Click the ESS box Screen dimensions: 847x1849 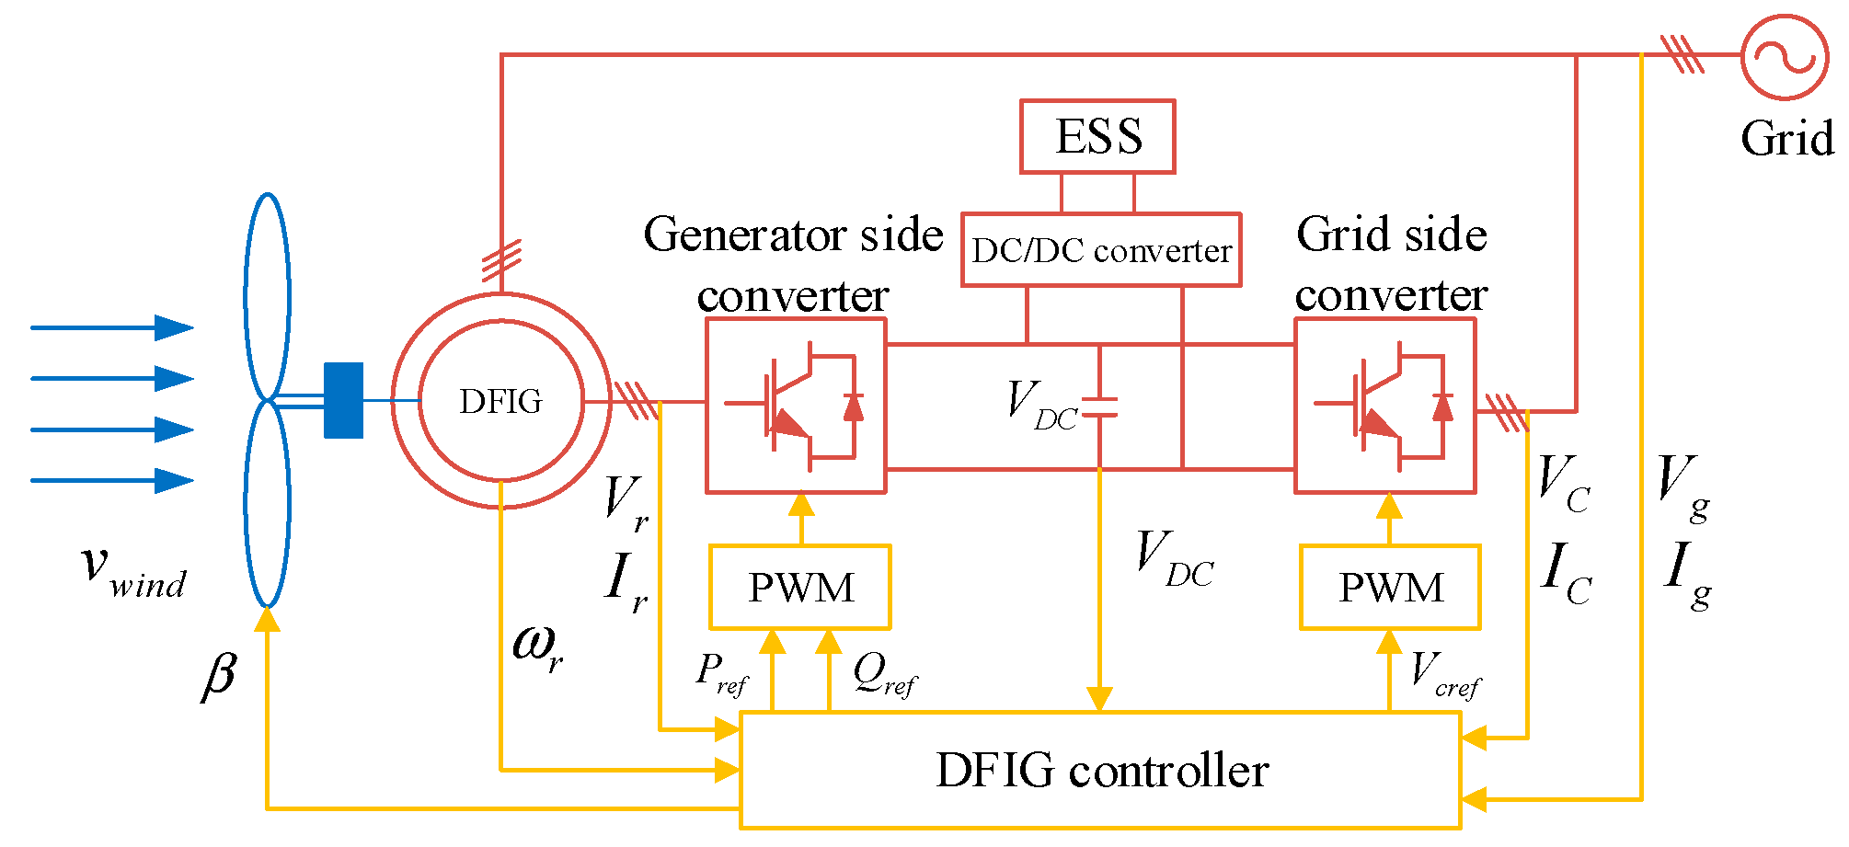pos(1097,136)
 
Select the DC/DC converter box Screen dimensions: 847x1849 pos(1101,250)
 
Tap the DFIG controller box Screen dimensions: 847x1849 pos(1101,771)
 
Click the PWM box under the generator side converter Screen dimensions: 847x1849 pos(799,588)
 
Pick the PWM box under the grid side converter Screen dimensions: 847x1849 pos(1390,588)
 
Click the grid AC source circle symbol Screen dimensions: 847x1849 pos(1785,57)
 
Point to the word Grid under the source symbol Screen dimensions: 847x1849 pos(1786,140)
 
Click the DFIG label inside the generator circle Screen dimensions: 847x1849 pos(500,401)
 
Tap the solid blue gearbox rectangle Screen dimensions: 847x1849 pos(343,400)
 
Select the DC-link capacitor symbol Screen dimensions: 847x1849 pos(1100,406)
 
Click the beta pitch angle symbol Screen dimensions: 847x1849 pos(219,676)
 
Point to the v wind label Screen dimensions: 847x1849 pos(134,572)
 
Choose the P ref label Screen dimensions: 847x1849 pos(721,675)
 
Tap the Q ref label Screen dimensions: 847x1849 pos(883,675)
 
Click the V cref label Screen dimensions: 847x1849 pos(1444,675)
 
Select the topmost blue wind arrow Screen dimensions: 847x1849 pos(112,327)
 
